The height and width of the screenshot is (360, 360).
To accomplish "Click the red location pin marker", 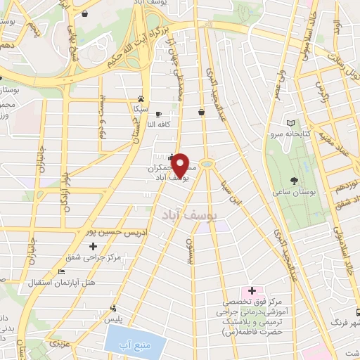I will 181,165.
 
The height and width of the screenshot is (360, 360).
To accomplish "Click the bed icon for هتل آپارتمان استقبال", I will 62,271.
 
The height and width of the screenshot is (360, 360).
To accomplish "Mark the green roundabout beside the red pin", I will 207,165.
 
